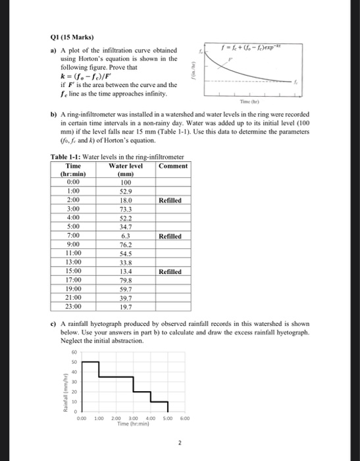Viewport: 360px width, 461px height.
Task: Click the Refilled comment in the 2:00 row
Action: pyautogui.click(x=174, y=200)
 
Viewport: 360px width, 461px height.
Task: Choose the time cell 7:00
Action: pyautogui.click(x=74, y=235)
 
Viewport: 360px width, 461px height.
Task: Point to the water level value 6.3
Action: pyautogui.click(x=125, y=235)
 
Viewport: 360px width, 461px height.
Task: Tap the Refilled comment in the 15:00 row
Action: pyautogui.click(x=174, y=271)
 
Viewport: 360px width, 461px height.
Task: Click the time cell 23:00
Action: pyautogui.click(x=74, y=306)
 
